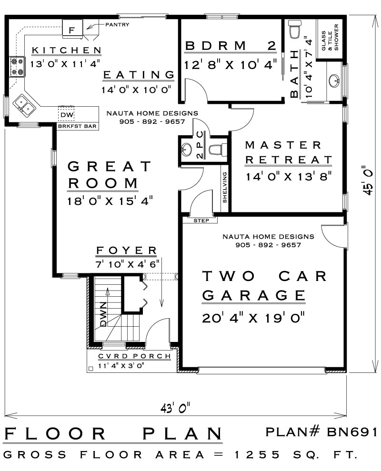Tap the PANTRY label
coord(117,24)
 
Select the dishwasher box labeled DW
coord(66,115)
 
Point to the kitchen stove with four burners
coord(17,67)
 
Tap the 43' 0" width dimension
coord(176,408)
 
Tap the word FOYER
coord(126,251)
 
